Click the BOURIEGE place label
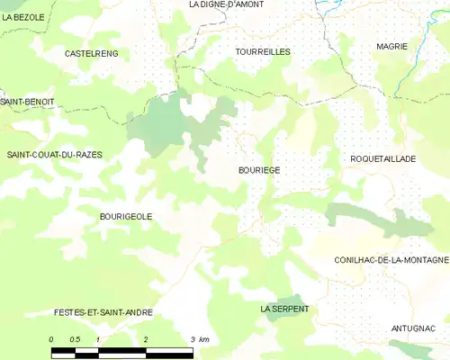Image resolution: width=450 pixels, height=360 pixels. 259,169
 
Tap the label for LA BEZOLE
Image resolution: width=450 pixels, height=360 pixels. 23,17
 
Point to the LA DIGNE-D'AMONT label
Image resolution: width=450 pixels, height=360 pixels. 226,4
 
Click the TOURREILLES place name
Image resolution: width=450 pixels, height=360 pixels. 263,52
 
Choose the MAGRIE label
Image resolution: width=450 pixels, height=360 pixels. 392,46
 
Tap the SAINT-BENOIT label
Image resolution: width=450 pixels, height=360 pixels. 27,102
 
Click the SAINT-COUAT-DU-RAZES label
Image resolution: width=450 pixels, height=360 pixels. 55,155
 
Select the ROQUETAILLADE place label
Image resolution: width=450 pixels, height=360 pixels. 382,158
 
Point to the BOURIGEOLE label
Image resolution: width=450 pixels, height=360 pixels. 126,216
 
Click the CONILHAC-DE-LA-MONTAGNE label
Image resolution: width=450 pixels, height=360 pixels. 391,260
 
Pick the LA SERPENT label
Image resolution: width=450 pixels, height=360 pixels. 284,309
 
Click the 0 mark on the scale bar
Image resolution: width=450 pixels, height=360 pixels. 52,338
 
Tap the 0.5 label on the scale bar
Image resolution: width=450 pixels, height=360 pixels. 76,338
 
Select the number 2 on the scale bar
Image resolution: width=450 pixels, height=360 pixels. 146,338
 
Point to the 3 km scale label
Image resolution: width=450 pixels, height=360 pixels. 200,338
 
